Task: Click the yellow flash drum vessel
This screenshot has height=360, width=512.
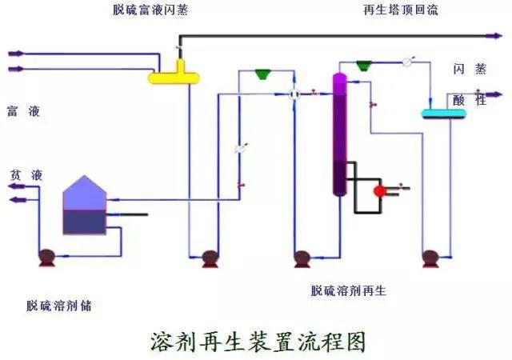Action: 174,77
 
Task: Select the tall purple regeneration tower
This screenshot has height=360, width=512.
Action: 339,132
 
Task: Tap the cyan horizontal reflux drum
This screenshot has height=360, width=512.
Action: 444,114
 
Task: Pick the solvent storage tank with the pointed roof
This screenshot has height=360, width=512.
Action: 84,206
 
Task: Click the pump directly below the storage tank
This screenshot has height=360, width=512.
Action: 47,258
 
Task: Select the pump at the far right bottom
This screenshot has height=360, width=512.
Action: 430,258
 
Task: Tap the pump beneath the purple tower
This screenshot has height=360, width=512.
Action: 302,258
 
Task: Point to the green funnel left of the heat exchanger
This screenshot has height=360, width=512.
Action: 262,74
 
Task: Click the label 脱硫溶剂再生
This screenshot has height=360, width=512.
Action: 348,291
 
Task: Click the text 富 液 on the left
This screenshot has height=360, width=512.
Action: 24,111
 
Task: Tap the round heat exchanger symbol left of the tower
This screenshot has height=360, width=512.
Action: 294,94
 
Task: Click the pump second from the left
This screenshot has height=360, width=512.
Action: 210,258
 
